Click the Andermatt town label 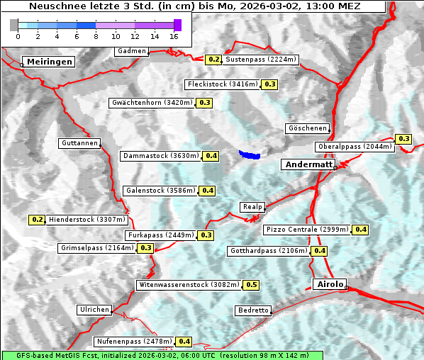point(308,164)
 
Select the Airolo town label point(329,284)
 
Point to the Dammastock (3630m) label point(160,155)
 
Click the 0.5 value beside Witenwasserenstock point(251,285)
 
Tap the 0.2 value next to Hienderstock point(38,220)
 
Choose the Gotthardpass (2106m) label point(269,251)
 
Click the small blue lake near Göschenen point(250,154)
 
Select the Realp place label point(252,207)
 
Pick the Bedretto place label point(253,310)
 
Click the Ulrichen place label point(94,310)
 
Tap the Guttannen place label point(79,143)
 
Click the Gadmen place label point(132,51)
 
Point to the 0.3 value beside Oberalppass point(403,139)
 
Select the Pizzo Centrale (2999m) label point(307,230)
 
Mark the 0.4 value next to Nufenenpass point(184,342)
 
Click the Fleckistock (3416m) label point(223,84)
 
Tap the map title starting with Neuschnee point(194,6)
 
